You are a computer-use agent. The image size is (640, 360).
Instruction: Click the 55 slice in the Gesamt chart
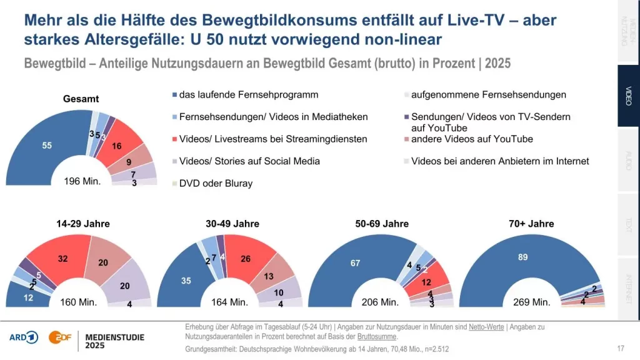point(47,146)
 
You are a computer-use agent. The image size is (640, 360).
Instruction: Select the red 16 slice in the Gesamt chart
point(116,146)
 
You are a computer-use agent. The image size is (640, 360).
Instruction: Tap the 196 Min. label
point(82,182)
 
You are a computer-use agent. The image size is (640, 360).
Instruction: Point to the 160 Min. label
point(78,302)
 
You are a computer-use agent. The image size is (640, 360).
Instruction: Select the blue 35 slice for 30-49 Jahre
point(186,281)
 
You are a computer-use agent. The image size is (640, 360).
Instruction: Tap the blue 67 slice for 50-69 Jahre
point(354,263)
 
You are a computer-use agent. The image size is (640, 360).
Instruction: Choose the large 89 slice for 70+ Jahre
point(522,257)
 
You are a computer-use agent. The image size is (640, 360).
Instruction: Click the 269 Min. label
point(531,302)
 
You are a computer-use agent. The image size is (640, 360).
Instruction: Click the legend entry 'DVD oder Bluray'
point(216,183)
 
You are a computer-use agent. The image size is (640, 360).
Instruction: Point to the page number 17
point(621,348)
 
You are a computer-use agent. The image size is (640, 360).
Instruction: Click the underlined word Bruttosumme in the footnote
point(378,337)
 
